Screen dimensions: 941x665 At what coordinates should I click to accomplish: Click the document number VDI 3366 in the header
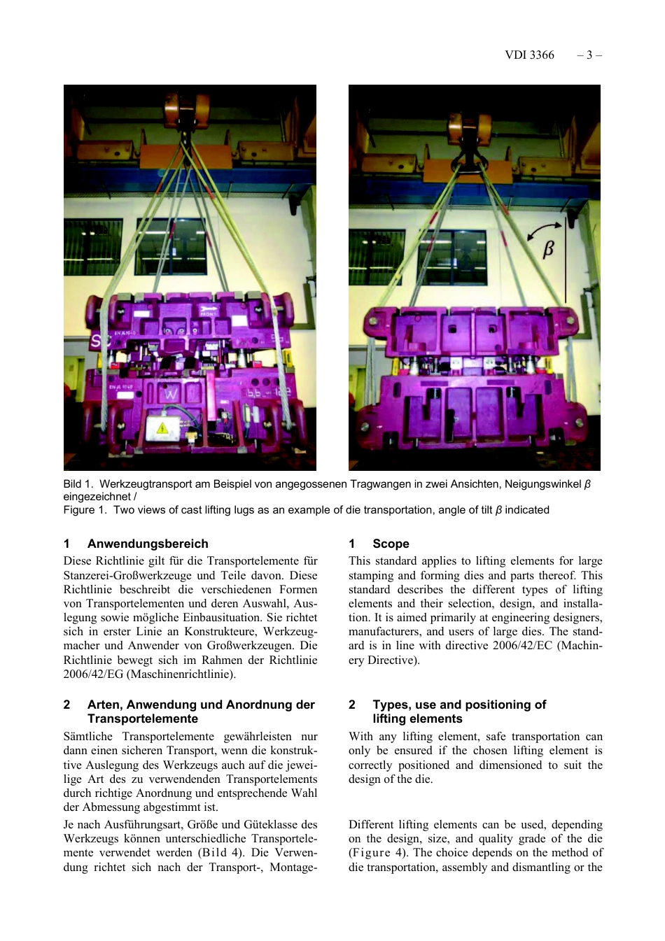529,55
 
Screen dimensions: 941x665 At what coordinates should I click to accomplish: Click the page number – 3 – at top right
589,55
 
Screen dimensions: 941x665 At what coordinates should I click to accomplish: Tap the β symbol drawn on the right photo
548,248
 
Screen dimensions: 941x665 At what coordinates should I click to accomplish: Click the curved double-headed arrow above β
544,230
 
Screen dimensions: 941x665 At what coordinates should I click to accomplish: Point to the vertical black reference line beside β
566,259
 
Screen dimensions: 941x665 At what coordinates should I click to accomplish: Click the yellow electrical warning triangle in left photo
162,427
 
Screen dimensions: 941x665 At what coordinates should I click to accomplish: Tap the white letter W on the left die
171,395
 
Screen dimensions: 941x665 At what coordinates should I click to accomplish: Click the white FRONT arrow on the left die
209,309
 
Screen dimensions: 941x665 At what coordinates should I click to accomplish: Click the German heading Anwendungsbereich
148,544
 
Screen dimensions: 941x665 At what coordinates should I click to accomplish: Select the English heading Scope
391,544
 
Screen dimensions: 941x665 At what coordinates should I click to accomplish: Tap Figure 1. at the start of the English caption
85,510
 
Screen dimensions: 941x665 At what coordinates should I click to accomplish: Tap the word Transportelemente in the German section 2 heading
143,719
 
